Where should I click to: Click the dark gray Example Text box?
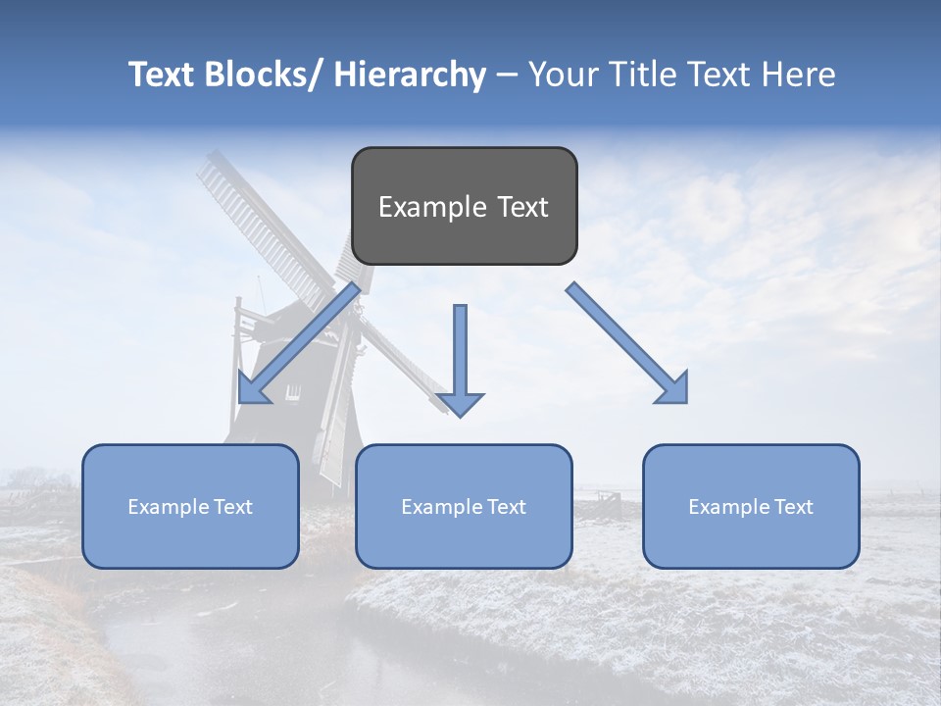click(x=464, y=206)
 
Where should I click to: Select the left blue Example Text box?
click(x=190, y=506)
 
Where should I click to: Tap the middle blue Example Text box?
click(x=464, y=506)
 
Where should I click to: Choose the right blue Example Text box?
click(x=751, y=506)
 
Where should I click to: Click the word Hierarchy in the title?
click(x=410, y=75)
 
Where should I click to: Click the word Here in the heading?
click(x=800, y=75)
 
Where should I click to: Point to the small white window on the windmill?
click(x=293, y=392)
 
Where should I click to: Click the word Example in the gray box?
click(x=427, y=207)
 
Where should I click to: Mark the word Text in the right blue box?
click(x=793, y=507)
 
